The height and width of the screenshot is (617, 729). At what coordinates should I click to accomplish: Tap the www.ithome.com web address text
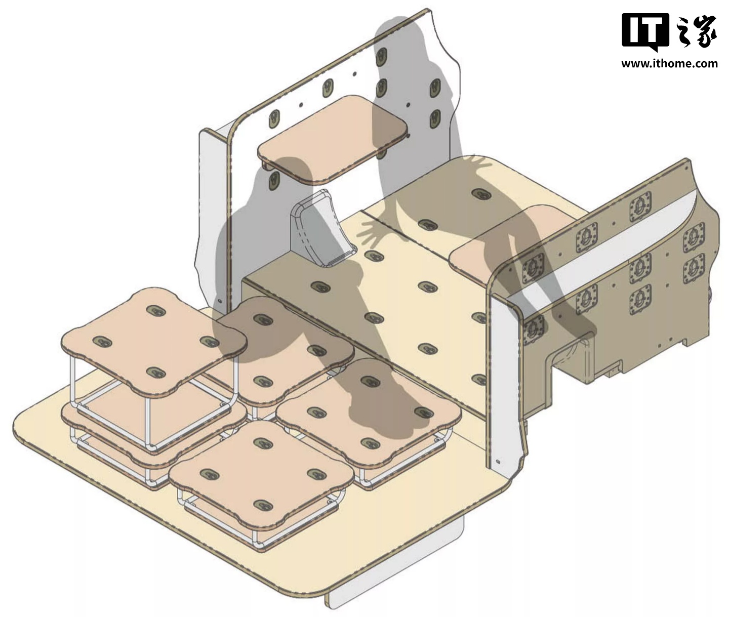[x=669, y=64]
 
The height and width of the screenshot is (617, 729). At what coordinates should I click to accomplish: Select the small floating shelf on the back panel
[x=333, y=140]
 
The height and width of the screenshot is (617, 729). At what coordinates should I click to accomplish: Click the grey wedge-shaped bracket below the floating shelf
[x=321, y=229]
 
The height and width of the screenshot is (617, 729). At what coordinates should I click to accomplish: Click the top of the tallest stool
[x=153, y=340]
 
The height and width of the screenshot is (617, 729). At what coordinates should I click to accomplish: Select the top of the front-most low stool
[x=261, y=474]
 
